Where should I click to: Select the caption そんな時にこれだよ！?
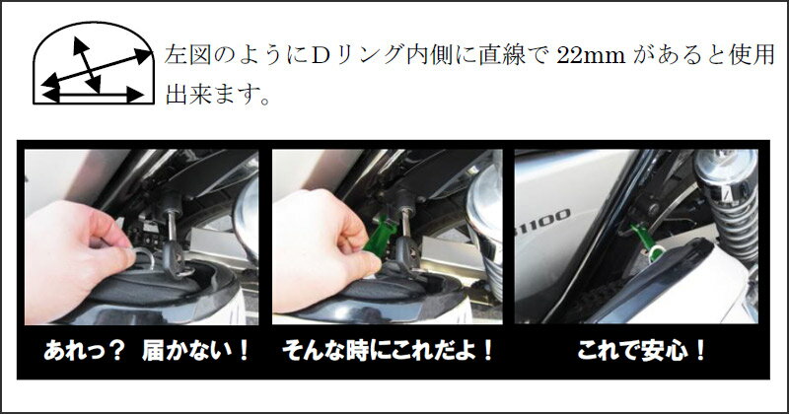[x=388, y=352]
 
